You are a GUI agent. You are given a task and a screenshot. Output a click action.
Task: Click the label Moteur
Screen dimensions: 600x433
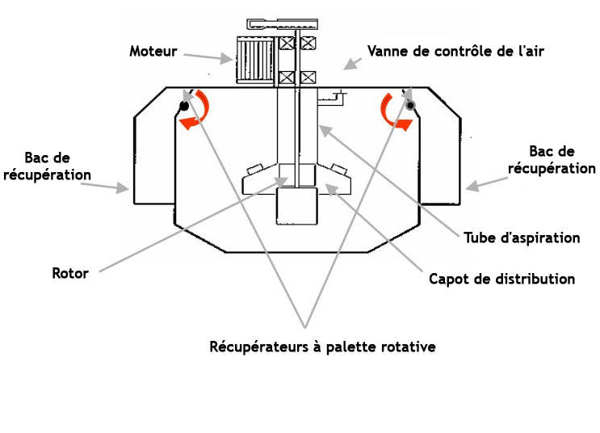153,52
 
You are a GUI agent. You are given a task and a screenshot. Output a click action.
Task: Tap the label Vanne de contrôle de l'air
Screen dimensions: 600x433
455,52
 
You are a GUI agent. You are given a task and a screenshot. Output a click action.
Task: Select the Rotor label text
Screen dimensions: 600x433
70,273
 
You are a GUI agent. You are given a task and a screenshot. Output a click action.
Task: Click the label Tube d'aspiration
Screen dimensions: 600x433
522,238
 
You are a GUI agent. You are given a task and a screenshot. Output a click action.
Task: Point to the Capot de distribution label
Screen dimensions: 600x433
502,279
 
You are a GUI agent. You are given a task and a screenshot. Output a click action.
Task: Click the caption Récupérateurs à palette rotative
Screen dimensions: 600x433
322,347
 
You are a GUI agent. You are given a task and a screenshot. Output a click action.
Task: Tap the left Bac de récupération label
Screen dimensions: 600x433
47,166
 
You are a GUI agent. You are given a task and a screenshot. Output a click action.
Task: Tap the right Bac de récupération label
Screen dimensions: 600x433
552,160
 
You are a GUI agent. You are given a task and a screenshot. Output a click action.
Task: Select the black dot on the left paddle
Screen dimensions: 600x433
184,106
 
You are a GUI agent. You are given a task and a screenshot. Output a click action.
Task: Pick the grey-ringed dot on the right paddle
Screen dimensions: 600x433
410,105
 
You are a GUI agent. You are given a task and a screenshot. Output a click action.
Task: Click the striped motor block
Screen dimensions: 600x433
255,60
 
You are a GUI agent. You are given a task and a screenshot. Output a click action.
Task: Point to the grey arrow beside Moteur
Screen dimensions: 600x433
208,57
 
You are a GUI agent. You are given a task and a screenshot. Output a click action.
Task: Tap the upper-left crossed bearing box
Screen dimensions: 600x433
287,43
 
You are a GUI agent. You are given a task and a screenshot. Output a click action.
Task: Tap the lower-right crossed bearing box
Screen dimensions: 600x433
308,78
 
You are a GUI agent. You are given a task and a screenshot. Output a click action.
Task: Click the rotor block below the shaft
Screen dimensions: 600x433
297,206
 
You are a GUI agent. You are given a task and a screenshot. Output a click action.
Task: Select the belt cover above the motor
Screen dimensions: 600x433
282,23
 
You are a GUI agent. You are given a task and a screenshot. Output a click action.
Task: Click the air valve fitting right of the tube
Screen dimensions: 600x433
332,98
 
